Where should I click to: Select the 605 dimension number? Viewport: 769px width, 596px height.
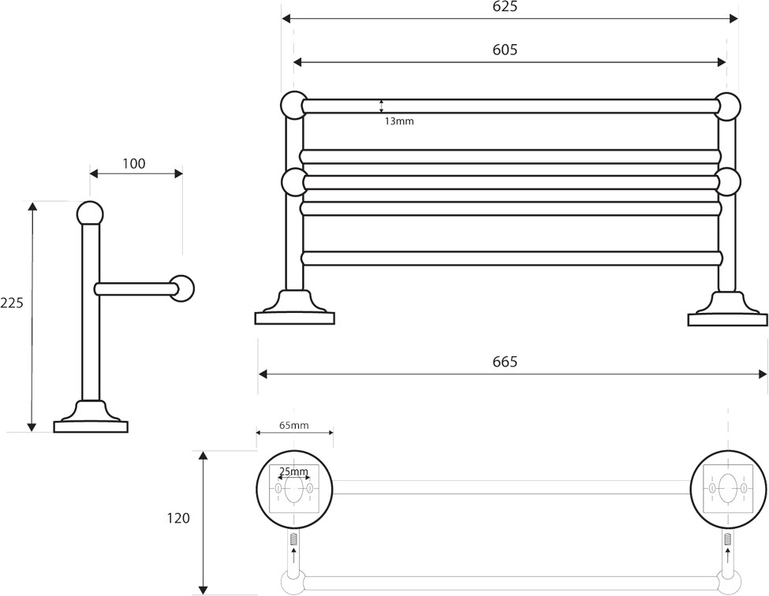[505, 50]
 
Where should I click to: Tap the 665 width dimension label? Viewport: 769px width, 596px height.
[505, 362]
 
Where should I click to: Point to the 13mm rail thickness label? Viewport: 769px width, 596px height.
[399, 121]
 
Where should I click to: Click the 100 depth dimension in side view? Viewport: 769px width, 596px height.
[134, 163]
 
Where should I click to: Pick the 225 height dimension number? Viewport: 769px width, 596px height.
[12, 303]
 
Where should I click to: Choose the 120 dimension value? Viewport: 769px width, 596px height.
[178, 518]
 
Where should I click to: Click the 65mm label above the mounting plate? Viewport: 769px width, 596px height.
[294, 425]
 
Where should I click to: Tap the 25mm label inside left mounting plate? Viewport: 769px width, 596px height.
[293, 471]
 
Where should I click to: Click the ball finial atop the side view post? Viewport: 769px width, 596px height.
[90, 214]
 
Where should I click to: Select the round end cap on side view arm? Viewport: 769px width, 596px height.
[183, 289]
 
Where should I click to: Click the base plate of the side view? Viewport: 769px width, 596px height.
[90, 427]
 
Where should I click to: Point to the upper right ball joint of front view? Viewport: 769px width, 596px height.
[727, 106]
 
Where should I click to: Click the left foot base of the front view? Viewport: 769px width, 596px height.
[295, 318]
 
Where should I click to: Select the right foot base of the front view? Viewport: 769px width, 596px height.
[728, 319]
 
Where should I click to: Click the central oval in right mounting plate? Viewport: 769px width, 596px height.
[728, 489]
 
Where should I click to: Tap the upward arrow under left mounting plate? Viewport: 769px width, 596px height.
[293, 557]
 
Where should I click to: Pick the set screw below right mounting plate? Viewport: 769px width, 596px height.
[728, 538]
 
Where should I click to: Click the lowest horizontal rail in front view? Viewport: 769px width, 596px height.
[512, 259]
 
